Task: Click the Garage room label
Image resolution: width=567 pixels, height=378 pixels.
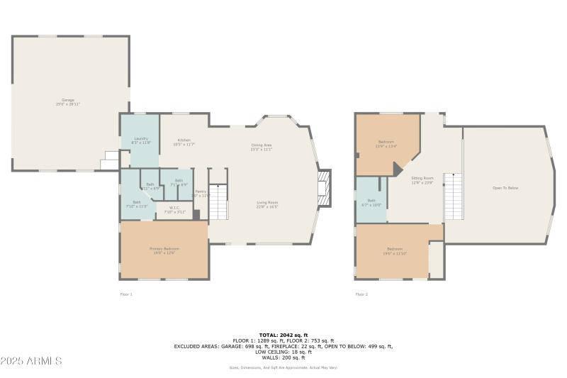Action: coord(68,101)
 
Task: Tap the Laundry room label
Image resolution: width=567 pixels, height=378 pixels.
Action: coord(140,140)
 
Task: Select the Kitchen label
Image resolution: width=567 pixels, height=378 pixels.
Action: coord(184,142)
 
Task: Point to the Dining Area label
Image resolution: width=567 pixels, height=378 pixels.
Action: coord(262,147)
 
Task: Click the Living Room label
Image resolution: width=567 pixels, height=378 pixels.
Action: coord(267,204)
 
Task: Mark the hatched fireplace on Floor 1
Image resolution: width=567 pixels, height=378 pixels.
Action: coord(325,188)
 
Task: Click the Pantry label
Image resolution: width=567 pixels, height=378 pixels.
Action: coord(201,193)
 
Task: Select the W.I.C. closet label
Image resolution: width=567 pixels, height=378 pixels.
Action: coord(174,210)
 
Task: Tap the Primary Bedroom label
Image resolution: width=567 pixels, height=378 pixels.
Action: coord(164,250)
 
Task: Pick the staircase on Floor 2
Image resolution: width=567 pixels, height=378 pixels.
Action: coord(453,196)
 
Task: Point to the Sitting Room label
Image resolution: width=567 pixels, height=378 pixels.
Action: coord(422,181)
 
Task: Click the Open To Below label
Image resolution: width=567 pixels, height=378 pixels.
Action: coord(505,188)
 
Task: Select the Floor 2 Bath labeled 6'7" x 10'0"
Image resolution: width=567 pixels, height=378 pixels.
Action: coord(371,202)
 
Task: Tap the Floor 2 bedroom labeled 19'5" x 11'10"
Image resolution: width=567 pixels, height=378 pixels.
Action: coord(395,250)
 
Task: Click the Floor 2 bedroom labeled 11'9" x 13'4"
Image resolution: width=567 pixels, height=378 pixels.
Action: coord(386,146)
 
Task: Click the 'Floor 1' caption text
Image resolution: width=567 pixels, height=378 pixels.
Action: coord(126,294)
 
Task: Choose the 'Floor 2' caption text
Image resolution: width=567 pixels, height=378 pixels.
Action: coord(361,294)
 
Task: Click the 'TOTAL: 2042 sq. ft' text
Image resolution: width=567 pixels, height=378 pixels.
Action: coord(283,334)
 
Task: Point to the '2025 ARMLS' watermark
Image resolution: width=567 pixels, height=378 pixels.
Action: coord(32,361)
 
